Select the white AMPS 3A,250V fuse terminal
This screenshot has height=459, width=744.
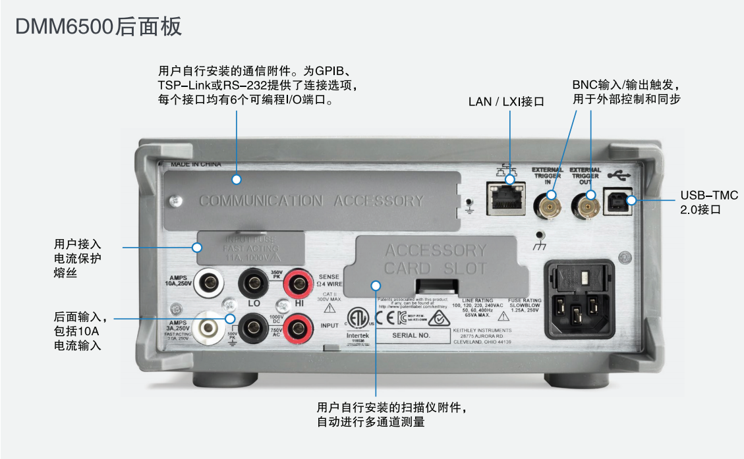pos(210,327)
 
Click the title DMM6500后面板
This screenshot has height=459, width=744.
pos(98,27)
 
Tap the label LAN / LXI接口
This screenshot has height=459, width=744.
pos(506,102)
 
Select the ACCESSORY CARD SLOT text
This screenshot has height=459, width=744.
pos(435,259)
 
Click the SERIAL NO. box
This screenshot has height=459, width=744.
pos(411,335)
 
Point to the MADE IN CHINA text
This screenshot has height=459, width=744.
pos(196,164)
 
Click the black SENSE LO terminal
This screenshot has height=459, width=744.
pos(253,285)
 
